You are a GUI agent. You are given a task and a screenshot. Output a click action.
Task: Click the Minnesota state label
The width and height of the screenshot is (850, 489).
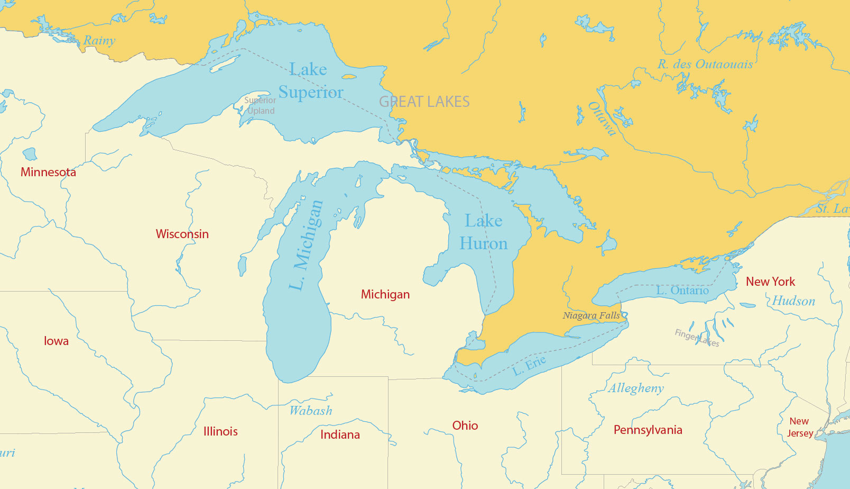[x=48, y=172]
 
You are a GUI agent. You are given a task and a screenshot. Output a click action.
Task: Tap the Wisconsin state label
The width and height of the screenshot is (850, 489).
[x=182, y=234]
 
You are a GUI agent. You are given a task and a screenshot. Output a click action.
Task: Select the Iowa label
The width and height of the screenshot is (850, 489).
[x=56, y=341]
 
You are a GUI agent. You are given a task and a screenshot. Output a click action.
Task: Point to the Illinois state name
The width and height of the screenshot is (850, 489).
[x=220, y=431]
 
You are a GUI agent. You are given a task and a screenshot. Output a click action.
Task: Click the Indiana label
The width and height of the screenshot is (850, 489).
[x=340, y=434]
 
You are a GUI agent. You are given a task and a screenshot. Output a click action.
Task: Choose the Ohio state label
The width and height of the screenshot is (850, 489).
[x=465, y=425]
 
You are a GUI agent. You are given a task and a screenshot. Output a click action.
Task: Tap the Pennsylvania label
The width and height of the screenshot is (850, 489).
[x=648, y=430]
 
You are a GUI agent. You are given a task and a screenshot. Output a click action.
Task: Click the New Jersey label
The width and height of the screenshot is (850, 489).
[x=799, y=427]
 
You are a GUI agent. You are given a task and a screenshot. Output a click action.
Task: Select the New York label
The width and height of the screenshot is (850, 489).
[x=770, y=282]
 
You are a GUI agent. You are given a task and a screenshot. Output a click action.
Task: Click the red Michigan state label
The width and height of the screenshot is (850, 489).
[x=385, y=294]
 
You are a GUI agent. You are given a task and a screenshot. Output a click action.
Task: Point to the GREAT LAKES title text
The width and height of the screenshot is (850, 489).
[x=424, y=102]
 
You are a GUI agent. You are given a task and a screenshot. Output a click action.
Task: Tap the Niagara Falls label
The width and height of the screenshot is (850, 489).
[x=591, y=315]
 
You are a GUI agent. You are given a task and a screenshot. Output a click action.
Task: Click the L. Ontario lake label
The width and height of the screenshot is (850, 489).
[x=682, y=290]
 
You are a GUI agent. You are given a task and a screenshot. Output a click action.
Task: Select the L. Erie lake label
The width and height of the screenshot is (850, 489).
[x=529, y=365]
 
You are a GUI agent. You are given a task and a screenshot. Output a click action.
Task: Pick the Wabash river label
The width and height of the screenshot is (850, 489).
[x=311, y=410]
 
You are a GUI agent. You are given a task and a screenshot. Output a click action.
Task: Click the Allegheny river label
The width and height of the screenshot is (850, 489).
[x=635, y=388]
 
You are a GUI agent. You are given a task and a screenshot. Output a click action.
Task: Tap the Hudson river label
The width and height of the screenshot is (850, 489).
[x=793, y=301]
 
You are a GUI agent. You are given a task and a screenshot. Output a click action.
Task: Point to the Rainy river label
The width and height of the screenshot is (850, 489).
[x=99, y=40]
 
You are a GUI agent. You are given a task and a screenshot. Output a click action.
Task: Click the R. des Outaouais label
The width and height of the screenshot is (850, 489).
[x=705, y=64]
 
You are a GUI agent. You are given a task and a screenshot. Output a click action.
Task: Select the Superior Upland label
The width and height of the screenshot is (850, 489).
[x=260, y=105]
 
